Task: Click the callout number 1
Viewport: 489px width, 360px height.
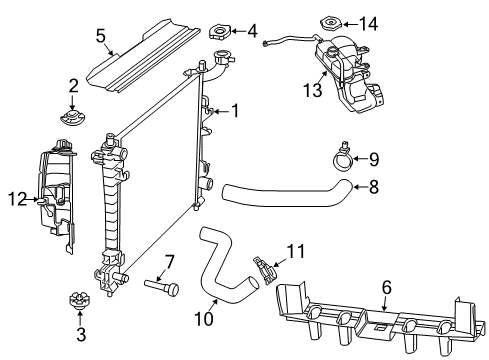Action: (235, 111)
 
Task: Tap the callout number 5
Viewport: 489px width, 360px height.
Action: (101, 36)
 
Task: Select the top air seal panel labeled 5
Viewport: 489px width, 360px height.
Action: (150, 55)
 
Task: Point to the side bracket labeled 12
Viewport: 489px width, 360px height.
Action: (58, 195)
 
